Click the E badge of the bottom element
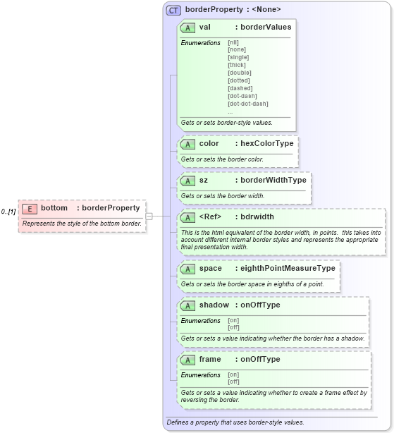[x=30, y=208]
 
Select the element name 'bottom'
[x=54, y=208]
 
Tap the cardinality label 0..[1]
[x=8, y=212]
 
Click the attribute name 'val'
[x=205, y=27]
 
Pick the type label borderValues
[x=266, y=27]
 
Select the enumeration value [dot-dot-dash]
[x=247, y=104]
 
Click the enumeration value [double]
[x=239, y=73]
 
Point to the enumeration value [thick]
[x=237, y=65]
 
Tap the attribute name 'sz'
[x=204, y=180]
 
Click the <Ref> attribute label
[x=211, y=216]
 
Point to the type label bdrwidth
[x=257, y=216]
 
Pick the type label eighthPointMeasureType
[x=288, y=269]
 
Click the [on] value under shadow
[x=233, y=320]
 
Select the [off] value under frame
[x=233, y=382]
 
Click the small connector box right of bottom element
[x=149, y=216]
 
